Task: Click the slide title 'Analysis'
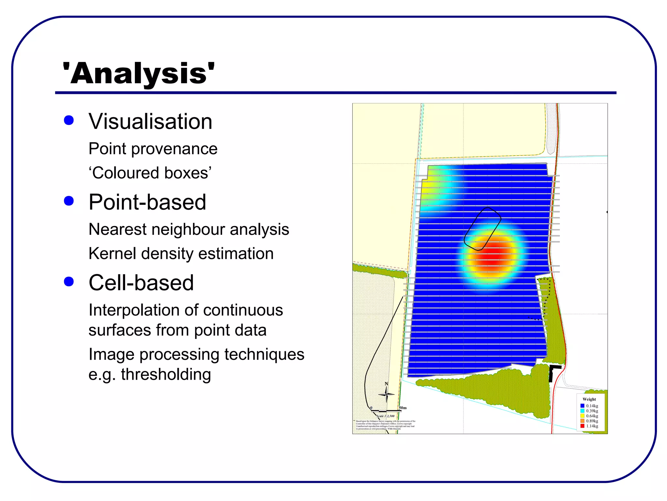point(138,74)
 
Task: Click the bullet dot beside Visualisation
point(69,120)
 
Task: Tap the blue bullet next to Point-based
point(69,201)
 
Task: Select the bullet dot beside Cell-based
point(69,281)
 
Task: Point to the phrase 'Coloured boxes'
point(150,173)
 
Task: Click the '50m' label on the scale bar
point(403,408)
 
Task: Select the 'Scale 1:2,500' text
point(385,416)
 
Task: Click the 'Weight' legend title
point(589,399)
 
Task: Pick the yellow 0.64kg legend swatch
point(582,416)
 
